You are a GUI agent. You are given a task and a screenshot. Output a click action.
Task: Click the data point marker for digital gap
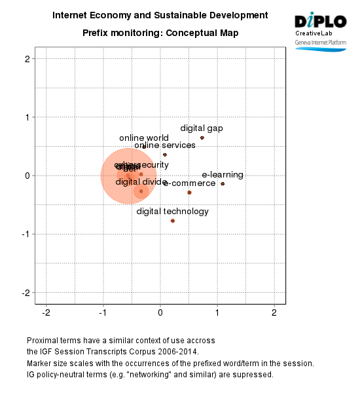coord(202,138)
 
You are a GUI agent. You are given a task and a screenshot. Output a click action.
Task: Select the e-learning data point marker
coord(223,183)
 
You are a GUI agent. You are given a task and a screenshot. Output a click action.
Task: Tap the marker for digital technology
coord(173,221)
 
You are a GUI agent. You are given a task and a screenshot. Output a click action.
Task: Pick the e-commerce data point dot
coord(189,193)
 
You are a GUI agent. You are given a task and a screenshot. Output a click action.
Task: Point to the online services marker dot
coord(165,155)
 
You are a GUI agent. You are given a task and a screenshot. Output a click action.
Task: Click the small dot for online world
coord(144,147)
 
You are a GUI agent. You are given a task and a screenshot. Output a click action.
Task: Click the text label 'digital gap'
coord(202,128)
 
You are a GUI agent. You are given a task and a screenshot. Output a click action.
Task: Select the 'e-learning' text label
coord(223,175)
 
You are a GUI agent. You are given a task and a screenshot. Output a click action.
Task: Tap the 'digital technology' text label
coord(173,212)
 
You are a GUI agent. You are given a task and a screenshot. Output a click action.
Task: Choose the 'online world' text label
coord(144,138)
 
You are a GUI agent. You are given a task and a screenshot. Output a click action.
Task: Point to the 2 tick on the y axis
coord(27,59)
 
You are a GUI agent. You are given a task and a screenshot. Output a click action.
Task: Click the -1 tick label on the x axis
coord(102,313)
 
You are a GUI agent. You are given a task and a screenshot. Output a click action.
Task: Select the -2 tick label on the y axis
coord(26,292)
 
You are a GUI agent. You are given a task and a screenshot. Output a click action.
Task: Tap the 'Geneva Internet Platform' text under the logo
coord(320,41)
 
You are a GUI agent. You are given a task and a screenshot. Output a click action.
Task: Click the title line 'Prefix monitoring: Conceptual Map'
coord(160,33)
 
